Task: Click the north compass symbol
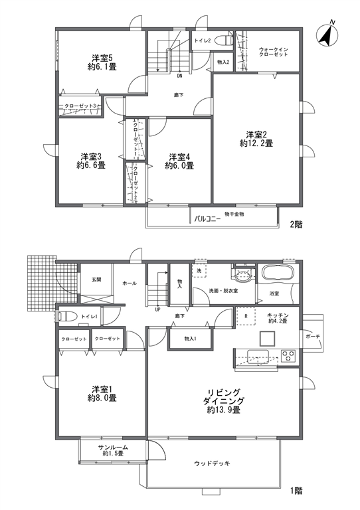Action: coord(327,34)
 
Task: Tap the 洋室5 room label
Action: coord(102,58)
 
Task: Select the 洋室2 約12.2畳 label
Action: coord(256,139)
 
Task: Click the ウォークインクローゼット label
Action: coord(273,52)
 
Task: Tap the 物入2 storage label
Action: coord(223,62)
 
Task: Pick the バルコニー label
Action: coord(207,219)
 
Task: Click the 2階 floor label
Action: coord(296,224)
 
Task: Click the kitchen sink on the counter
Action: coord(258,356)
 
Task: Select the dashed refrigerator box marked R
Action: coord(246,315)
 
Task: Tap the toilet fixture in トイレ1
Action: coord(68,316)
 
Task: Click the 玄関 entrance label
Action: coord(96,279)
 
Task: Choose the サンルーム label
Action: coord(113,447)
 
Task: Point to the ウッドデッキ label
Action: coord(212,463)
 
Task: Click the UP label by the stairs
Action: coord(157,309)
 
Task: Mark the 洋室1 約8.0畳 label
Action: coord(102,394)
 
